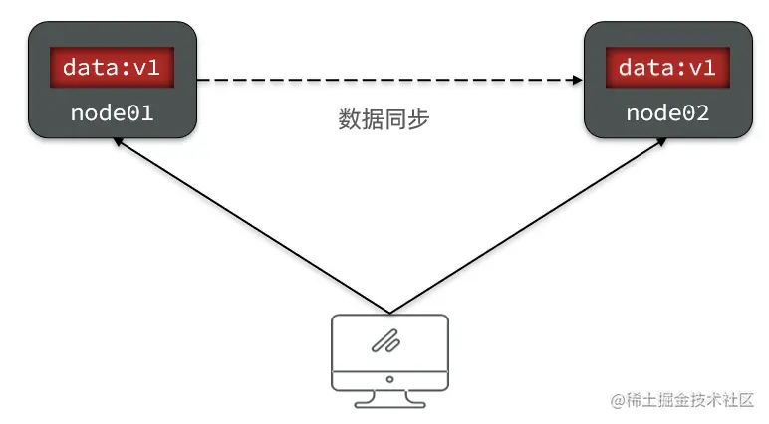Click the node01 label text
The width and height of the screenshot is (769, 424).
point(112,112)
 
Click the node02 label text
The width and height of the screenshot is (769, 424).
point(667,112)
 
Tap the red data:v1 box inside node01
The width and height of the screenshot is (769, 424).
point(112,68)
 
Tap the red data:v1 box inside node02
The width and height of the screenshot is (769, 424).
point(667,68)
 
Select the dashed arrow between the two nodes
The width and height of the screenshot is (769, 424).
point(388,80)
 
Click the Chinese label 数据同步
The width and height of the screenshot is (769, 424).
point(384,120)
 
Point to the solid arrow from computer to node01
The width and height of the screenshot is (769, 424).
point(249,225)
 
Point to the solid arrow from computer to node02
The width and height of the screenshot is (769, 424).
point(528,225)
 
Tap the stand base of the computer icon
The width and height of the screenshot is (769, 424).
point(388,402)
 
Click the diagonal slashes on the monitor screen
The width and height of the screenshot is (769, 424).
point(385,340)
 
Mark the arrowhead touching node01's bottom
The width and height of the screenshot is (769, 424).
point(118,142)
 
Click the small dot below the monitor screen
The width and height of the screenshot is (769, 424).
point(388,378)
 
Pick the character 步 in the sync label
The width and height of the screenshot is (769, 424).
point(419,120)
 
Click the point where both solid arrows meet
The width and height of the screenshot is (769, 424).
point(388,311)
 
